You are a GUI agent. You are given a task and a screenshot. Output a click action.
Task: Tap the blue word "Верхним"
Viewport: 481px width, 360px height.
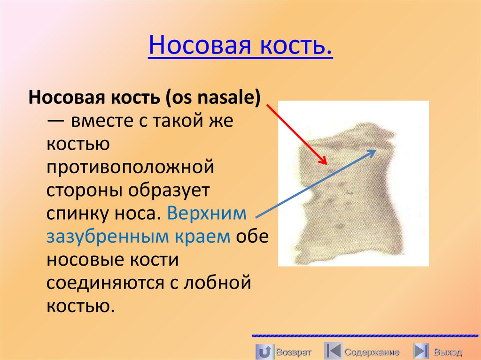[x=207, y=214]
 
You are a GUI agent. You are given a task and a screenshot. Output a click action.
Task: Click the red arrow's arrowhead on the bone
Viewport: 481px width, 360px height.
[x=324, y=161]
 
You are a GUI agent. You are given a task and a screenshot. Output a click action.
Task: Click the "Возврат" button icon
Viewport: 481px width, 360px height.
[x=264, y=352]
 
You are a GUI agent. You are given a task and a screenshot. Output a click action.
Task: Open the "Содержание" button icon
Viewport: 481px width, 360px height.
[x=333, y=352]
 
